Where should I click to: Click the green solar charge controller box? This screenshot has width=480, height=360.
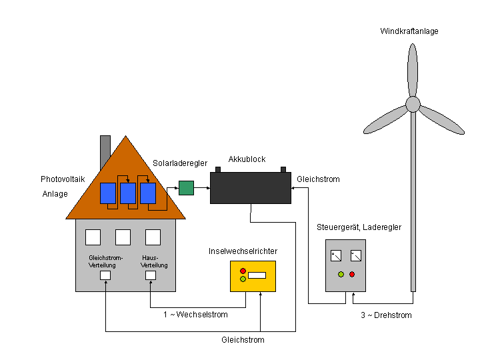(x=186, y=188)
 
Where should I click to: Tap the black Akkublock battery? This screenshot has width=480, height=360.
(x=250, y=188)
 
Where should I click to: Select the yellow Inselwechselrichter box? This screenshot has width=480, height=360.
(x=253, y=276)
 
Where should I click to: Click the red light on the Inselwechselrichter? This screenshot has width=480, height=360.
(x=243, y=271)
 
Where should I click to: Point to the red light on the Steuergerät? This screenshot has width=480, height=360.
(x=352, y=274)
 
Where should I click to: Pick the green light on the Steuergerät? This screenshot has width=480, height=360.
(x=341, y=274)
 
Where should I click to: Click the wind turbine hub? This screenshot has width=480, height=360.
(x=413, y=104)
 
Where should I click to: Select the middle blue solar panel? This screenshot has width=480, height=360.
(x=127, y=193)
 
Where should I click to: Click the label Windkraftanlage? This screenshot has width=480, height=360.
(x=409, y=31)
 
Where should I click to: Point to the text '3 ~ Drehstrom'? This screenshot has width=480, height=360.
(x=381, y=315)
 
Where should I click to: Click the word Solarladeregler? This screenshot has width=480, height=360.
(x=180, y=163)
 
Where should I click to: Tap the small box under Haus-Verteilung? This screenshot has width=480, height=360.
(x=151, y=275)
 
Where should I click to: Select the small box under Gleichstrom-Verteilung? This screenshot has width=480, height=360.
(x=105, y=275)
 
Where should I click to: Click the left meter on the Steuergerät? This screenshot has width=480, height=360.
(x=337, y=255)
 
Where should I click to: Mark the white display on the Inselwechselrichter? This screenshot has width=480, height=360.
(x=257, y=275)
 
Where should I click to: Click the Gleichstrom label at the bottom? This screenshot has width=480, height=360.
(x=243, y=340)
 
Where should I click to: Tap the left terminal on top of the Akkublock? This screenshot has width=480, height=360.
(x=218, y=169)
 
